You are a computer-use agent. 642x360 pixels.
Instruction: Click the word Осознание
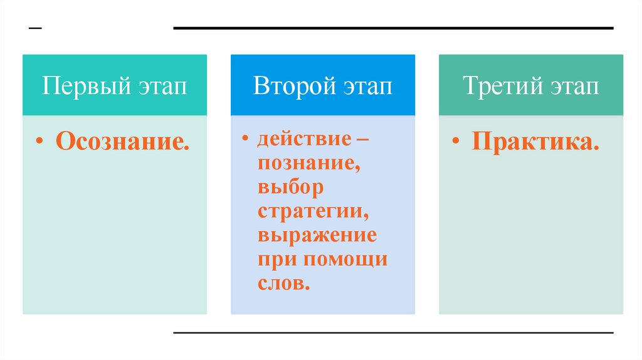coord(123,140)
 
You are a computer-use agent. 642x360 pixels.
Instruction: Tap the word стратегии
coord(312,211)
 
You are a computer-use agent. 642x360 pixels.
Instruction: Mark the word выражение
coord(317,236)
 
